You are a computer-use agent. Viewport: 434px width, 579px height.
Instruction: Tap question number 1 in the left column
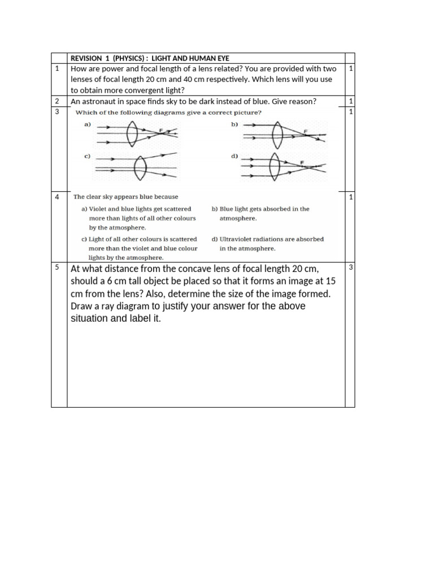tap(57, 68)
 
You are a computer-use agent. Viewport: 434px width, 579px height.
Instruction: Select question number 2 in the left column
tap(57, 101)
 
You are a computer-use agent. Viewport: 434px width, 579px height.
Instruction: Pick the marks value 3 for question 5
tap(351, 267)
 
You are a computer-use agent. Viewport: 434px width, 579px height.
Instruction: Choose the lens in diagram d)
tap(275, 166)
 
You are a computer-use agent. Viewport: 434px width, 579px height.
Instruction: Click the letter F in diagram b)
tap(306, 131)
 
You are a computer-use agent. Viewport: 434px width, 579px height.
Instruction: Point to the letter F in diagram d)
tap(302, 162)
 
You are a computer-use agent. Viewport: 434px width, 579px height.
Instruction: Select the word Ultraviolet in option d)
tap(236, 239)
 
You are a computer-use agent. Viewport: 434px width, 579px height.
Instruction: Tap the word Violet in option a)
tap(99, 209)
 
